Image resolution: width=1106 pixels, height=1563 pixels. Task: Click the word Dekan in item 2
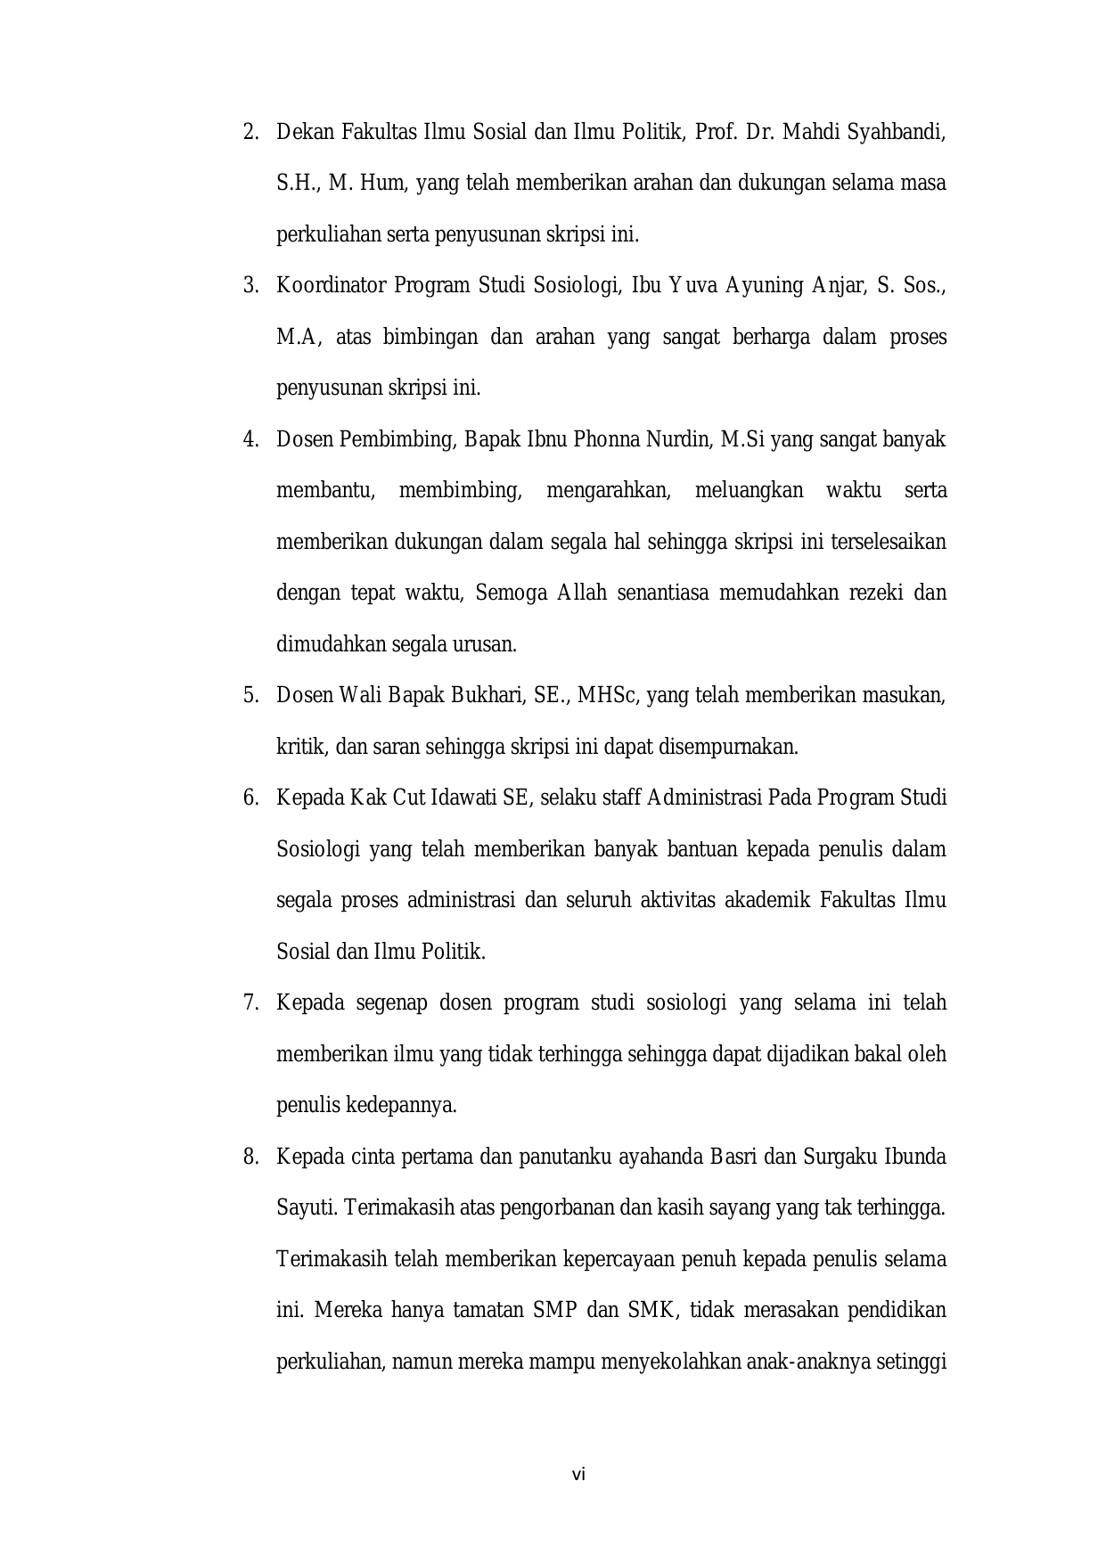coord(305,133)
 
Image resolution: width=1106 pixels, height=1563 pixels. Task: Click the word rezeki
coord(879,593)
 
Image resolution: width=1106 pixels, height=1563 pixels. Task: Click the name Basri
coord(733,1158)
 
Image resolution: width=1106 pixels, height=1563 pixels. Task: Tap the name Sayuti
coord(305,1208)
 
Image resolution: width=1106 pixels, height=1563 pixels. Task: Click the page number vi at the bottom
coord(578,1475)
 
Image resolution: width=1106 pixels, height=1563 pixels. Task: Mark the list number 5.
coord(250,696)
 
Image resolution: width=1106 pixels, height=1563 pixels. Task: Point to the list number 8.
coord(250,1158)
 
